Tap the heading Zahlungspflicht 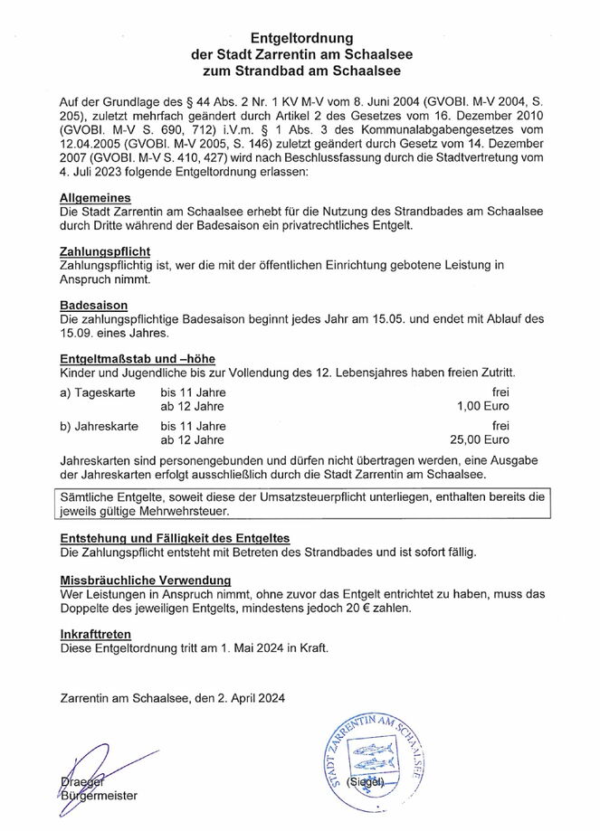tap(104, 250)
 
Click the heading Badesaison tap(93, 306)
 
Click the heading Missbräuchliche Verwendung tap(145, 580)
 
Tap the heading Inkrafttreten tap(95, 634)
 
